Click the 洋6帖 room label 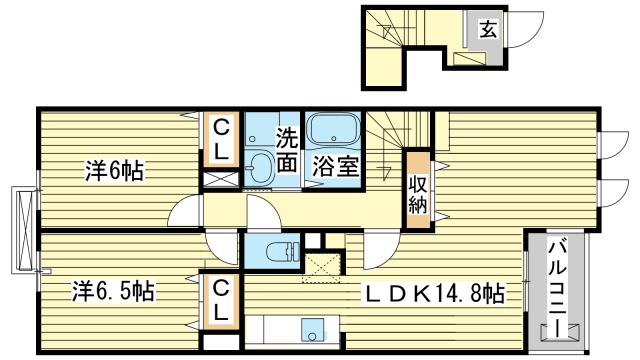114,171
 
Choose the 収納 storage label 417,190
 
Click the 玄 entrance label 487,28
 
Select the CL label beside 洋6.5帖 221,300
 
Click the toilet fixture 275,249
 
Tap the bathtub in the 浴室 334,131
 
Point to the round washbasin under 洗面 262,166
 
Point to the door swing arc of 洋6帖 185,212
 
